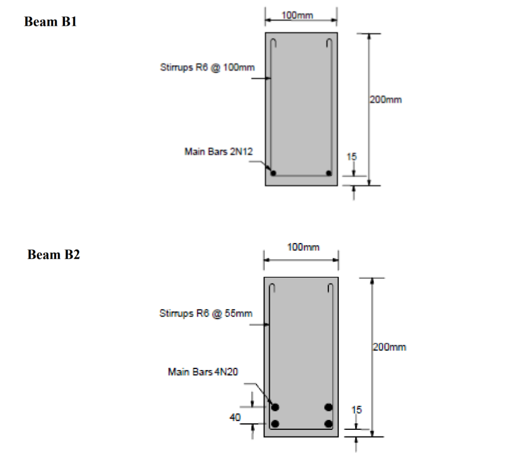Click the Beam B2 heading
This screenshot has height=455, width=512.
[54, 255]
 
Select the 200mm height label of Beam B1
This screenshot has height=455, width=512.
[385, 100]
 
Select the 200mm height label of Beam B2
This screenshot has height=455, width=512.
[390, 346]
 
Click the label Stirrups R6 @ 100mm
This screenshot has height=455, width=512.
[207, 67]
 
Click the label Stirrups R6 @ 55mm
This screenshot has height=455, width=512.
[206, 313]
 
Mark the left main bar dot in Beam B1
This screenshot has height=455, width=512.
[273, 173]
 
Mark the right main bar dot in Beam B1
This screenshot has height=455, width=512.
[329, 173]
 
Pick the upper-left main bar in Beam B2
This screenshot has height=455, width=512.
[275, 407]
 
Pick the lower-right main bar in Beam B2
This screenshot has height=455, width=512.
[328, 424]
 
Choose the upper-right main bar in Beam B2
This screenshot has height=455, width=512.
[328, 407]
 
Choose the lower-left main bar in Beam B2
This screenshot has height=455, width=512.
[275, 424]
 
